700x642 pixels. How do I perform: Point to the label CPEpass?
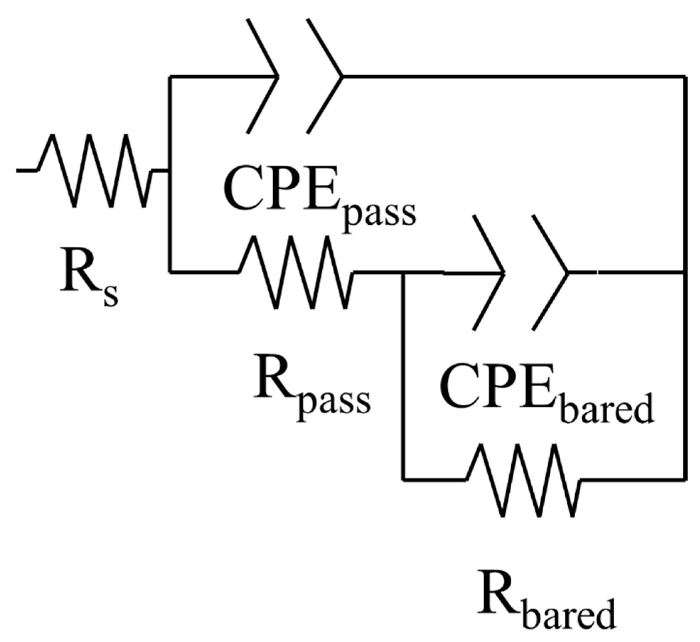point(320,199)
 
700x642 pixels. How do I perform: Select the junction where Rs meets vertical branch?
point(170,171)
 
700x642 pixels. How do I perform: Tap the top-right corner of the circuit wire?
point(685,76)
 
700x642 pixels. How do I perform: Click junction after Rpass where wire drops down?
point(403,273)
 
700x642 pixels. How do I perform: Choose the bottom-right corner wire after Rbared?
point(685,480)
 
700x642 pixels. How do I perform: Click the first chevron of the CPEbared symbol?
point(489,273)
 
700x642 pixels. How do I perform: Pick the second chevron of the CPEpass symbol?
point(325,76)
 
